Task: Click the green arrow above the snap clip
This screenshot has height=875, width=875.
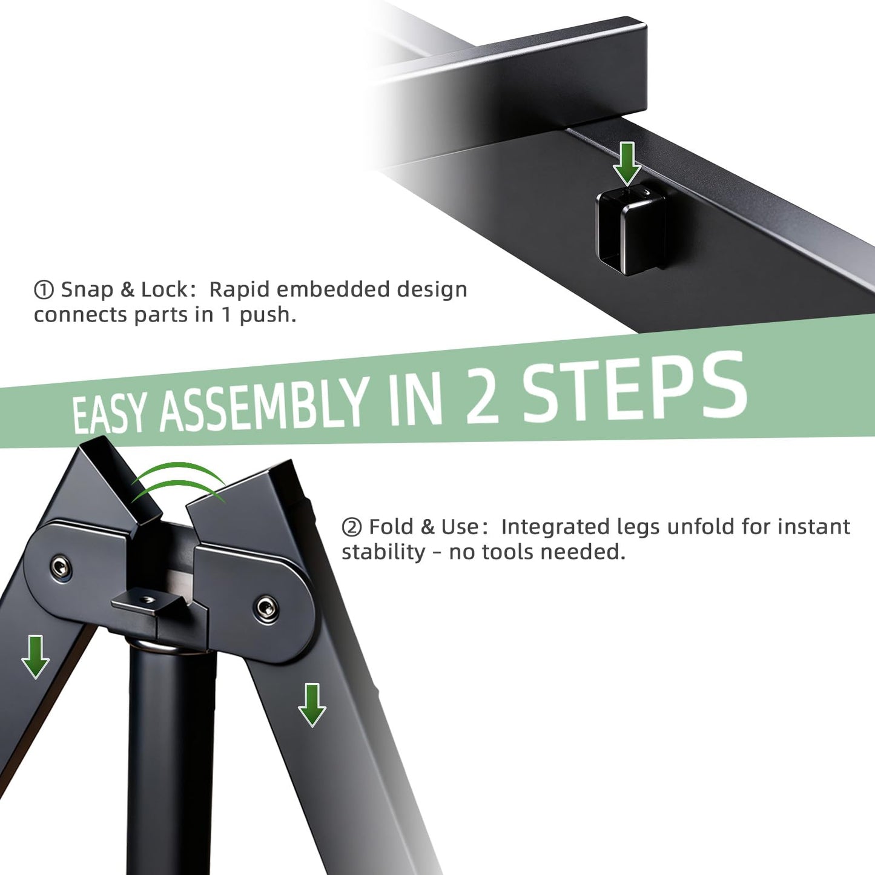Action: [627, 163]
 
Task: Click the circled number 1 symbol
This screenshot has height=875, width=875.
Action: [44, 289]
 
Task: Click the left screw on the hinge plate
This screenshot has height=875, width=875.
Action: [58, 566]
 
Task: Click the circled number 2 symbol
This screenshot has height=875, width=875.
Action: [351, 527]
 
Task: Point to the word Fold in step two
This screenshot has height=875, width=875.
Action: [391, 527]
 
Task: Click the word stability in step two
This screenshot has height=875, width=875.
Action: [383, 552]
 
